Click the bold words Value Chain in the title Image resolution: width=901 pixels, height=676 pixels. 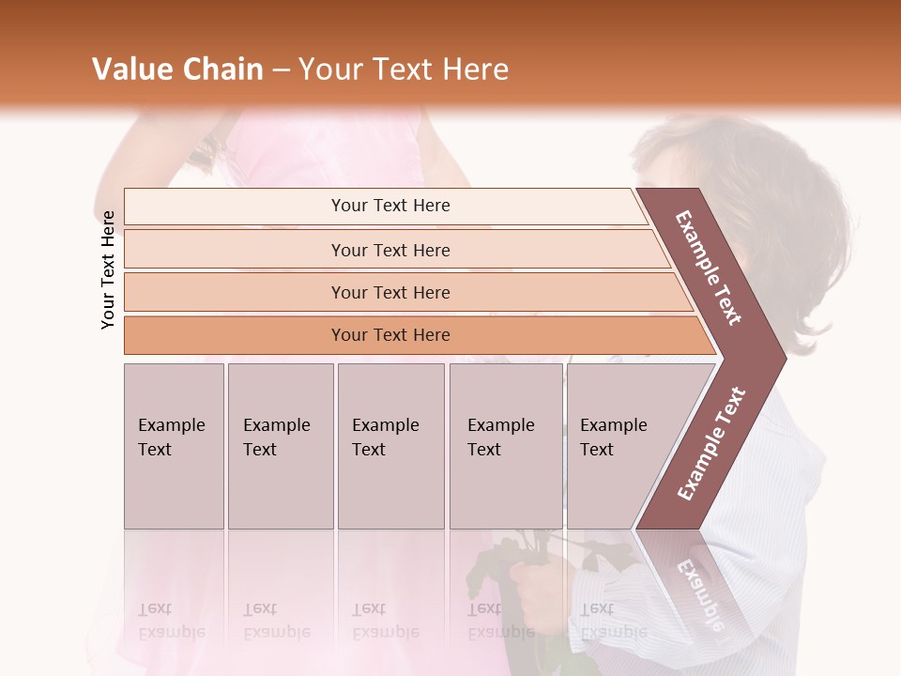(177, 69)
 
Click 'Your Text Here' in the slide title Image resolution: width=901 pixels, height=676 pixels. (404, 69)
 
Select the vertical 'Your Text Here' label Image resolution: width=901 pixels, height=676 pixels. (108, 269)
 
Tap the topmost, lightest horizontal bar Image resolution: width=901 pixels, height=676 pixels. (389, 206)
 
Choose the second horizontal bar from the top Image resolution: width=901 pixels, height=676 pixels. (389, 250)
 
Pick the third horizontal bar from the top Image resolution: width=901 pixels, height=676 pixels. (389, 292)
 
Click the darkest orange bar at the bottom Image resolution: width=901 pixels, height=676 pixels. (389, 335)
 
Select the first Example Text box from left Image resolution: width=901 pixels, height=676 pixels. (174, 446)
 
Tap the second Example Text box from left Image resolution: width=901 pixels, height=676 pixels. (280, 446)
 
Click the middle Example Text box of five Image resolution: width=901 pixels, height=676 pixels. (390, 446)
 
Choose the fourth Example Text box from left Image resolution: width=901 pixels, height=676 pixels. (505, 446)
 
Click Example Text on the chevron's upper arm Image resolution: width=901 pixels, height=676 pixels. (709, 268)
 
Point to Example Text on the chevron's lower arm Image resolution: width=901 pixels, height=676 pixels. (711, 444)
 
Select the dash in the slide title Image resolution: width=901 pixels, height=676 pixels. (281, 70)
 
